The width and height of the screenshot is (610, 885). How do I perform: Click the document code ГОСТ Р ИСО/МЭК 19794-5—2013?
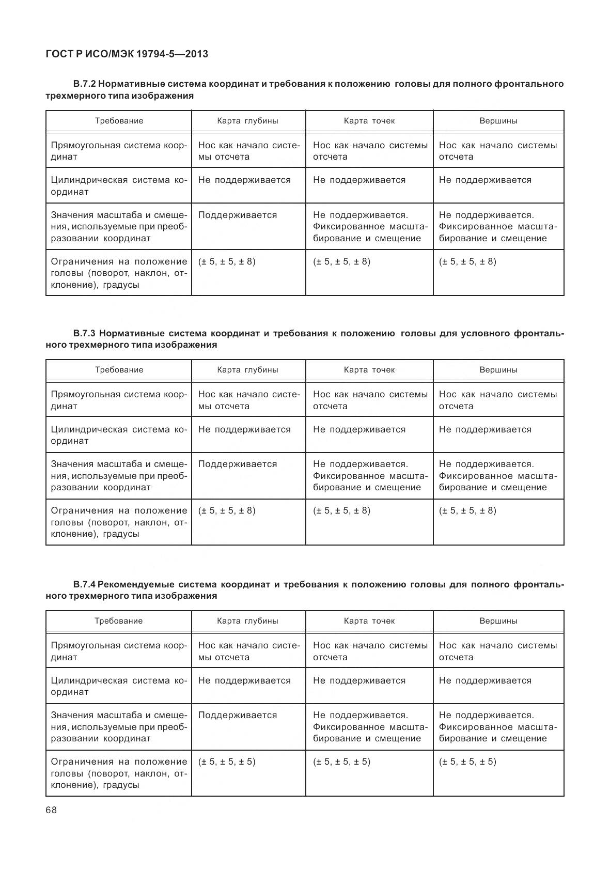(x=127, y=54)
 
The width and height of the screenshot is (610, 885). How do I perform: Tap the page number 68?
(x=51, y=810)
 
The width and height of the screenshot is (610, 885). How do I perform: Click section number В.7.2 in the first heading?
(x=84, y=84)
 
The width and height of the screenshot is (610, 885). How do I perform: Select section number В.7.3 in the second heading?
(x=84, y=333)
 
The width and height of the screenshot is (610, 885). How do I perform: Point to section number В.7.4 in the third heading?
(x=84, y=584)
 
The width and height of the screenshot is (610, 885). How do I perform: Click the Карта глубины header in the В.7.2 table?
(x=247, y=121)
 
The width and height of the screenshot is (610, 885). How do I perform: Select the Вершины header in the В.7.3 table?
(x=498, y=370)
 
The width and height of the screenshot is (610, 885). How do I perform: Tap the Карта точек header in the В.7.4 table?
(x=369, y=621)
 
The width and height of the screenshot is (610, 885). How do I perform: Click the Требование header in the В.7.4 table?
(x=118, y=621)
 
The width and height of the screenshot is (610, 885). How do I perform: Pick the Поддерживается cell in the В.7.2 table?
(x=237, y=215)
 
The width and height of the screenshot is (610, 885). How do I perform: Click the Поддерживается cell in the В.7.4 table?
(x=237, y=715)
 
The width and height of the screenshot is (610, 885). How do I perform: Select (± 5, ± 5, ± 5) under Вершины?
(x=467, y=762)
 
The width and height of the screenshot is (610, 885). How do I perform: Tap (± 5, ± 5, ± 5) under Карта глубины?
(x=227, y=762)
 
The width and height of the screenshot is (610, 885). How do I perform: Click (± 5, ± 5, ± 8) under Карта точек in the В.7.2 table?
(x=341, y=261)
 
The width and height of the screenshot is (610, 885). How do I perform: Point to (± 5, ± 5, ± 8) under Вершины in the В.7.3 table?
(x=467, y=510)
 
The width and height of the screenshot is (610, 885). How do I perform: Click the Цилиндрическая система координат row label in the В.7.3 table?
(x=118, y=435)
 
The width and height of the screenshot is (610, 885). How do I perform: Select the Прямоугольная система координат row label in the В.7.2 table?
(x=118, y=151)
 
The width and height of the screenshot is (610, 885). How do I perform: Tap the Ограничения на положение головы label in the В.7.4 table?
(x=118, y=773)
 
